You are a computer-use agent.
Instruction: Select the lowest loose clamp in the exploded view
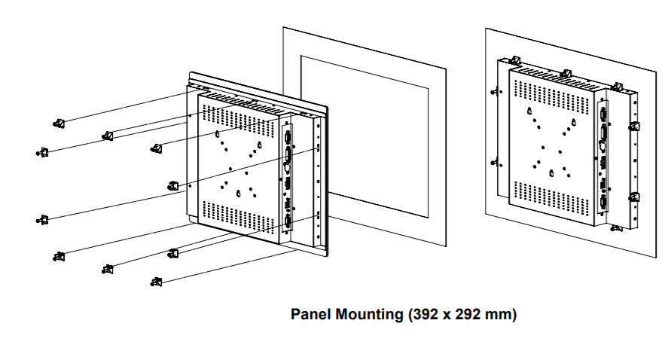click(x=156, y=282)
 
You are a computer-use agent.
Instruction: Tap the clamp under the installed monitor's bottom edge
click(x=618, y=227)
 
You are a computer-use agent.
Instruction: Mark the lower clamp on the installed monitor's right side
click(x=635, y=199)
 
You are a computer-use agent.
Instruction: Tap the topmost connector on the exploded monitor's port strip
click(x=288, y=135)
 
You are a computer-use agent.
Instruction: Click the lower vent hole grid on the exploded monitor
click(x=237, y=215)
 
